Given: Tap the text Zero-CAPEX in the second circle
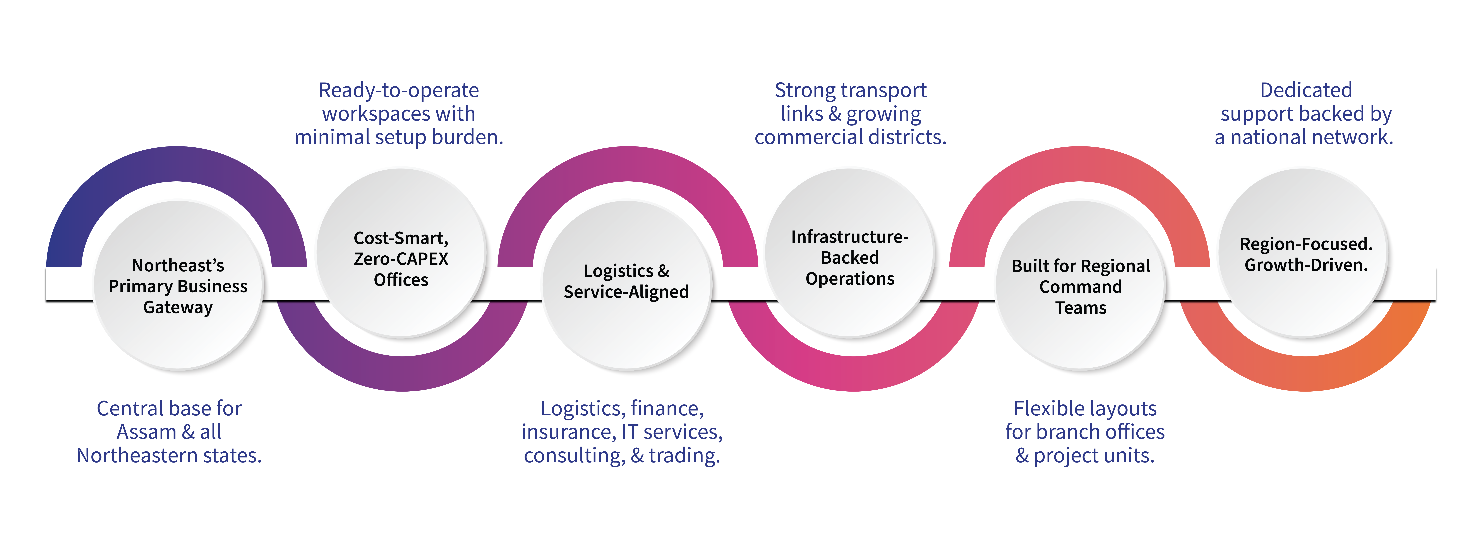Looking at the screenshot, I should click(401, 259).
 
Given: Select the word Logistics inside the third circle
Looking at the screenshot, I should click(618, 271).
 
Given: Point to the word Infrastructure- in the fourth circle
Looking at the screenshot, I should click(850, 237).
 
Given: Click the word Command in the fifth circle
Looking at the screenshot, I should click(1080, 287).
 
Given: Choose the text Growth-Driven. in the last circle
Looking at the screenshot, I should click(1306, 265).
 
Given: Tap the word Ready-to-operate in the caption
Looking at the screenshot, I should click(399, 90).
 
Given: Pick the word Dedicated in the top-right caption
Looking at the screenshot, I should click(1306, 90).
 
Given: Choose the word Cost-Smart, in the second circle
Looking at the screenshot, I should click(401, 238).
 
